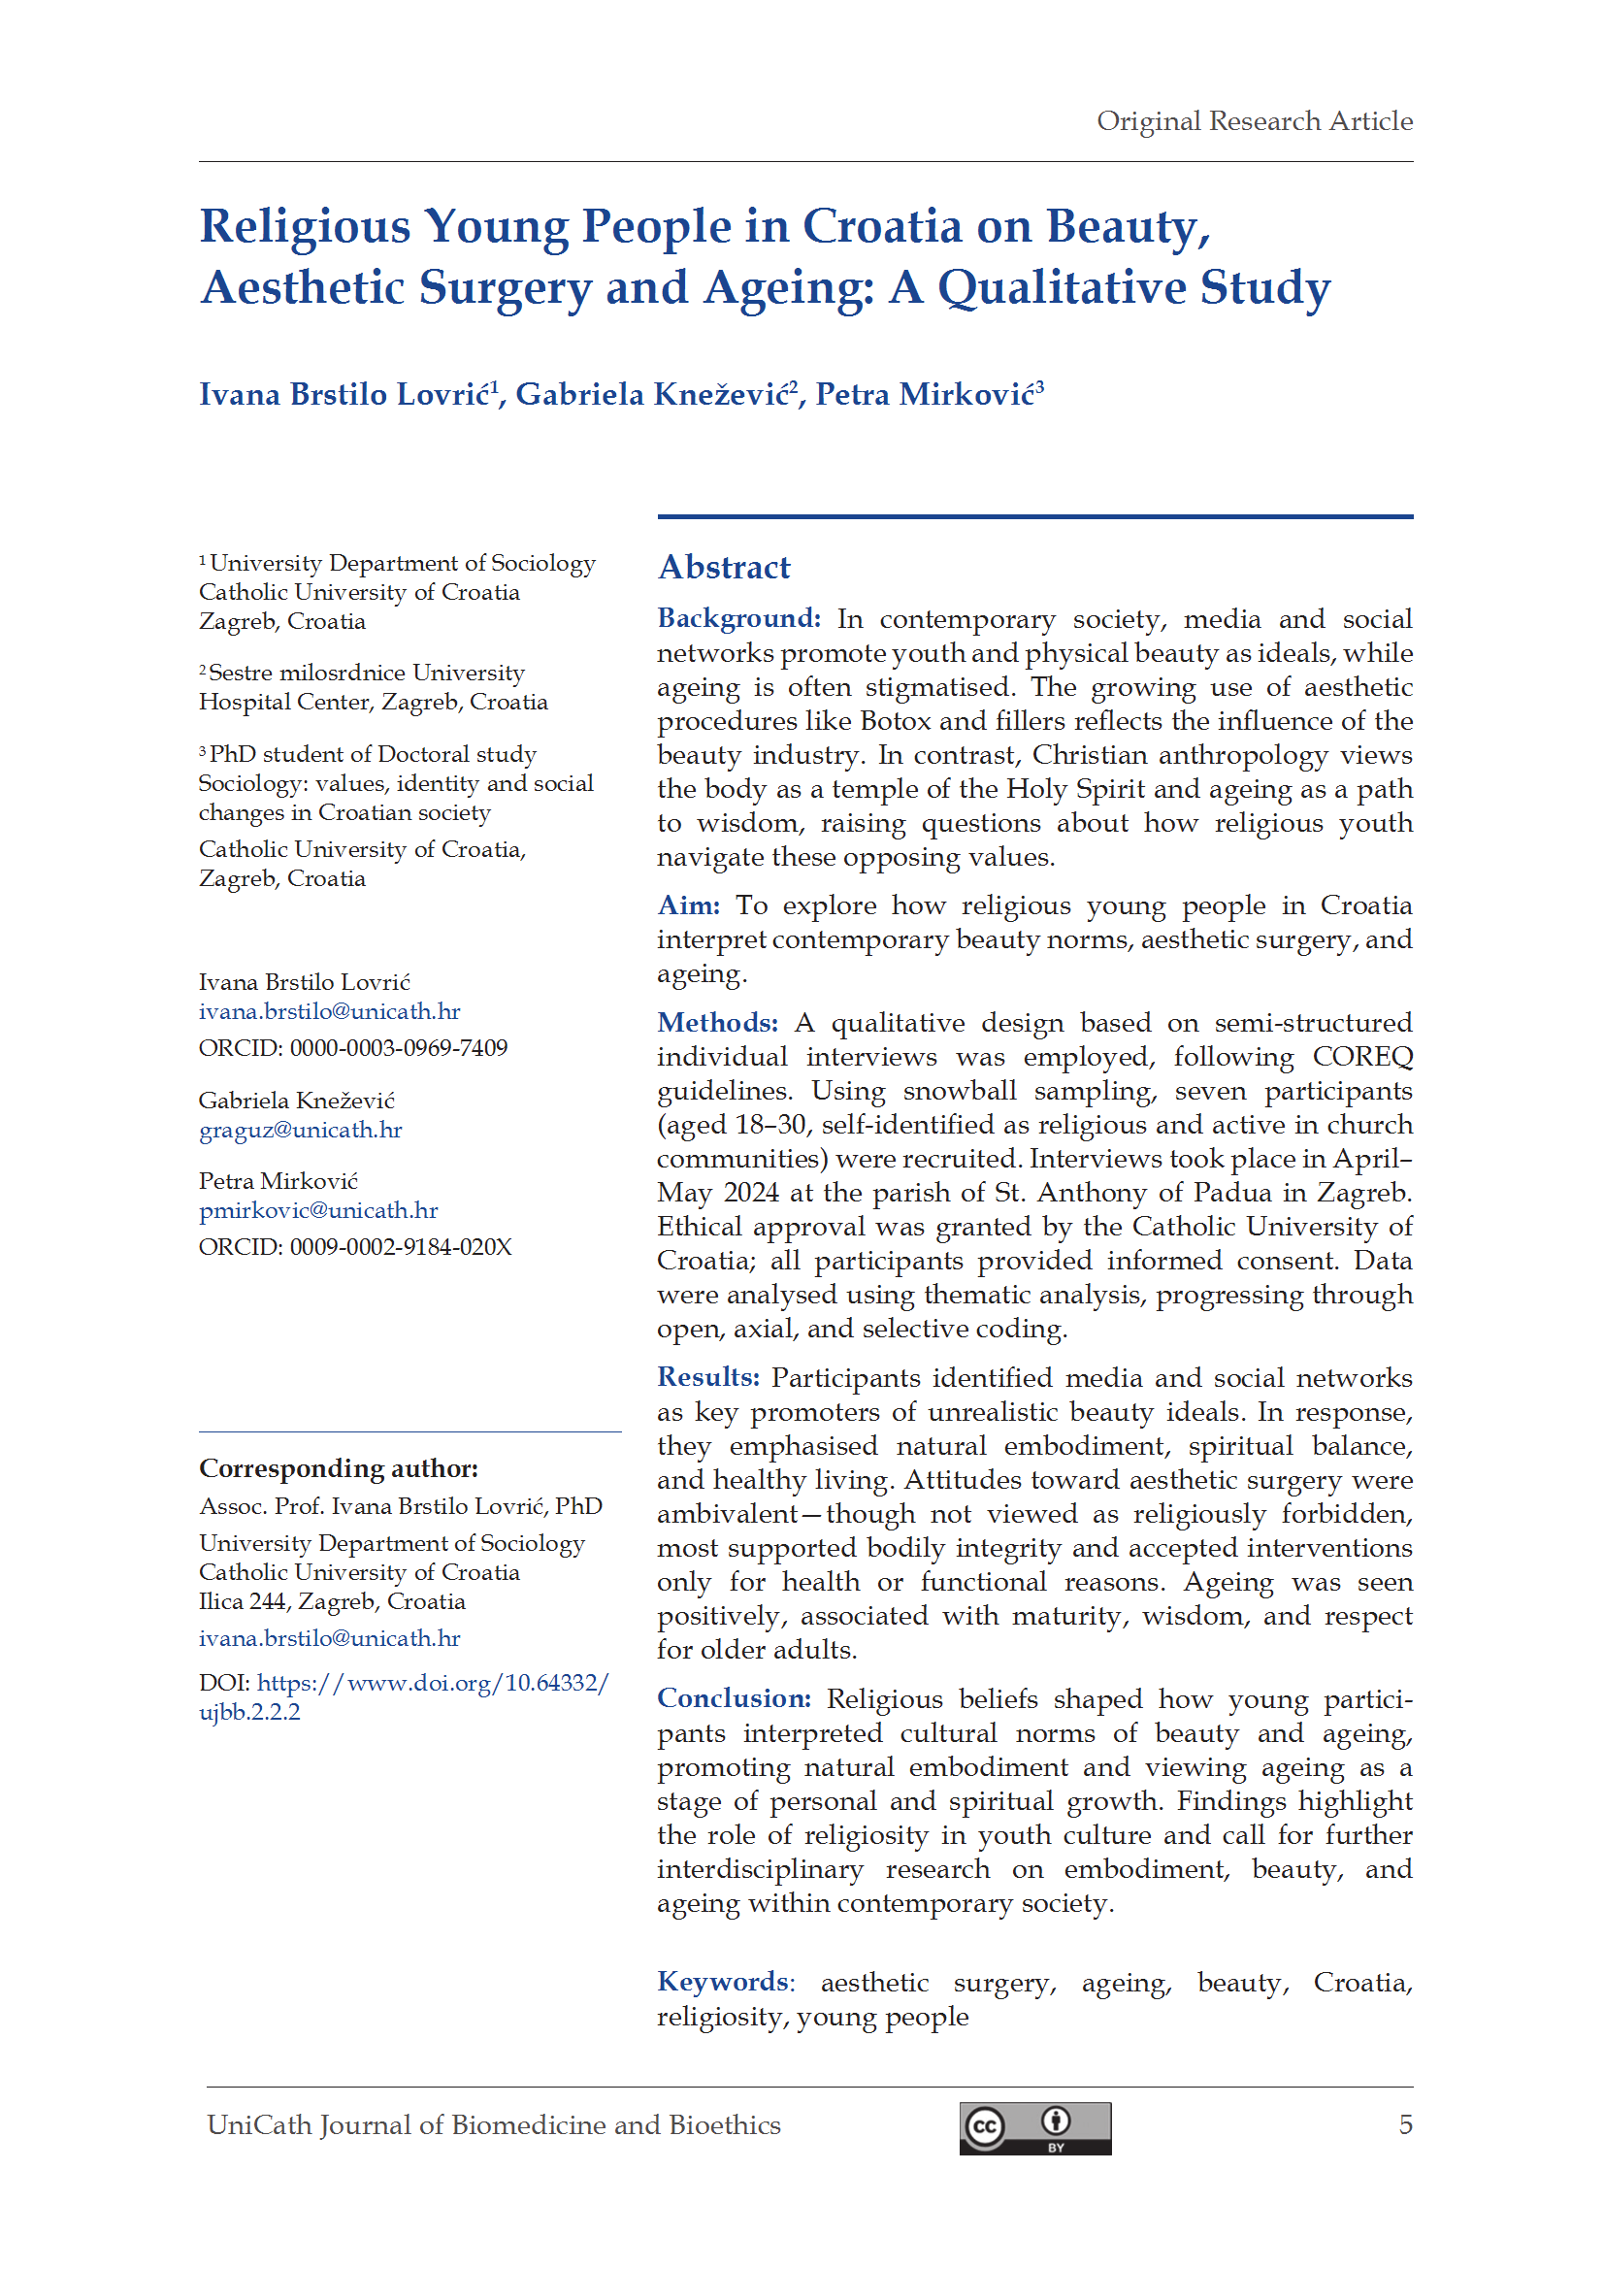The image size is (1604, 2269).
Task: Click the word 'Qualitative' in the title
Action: (1062, 287)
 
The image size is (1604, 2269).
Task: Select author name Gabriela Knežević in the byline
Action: (652, 394)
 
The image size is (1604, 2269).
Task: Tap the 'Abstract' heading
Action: (724, 567)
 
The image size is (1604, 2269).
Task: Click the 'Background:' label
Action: (738, 618)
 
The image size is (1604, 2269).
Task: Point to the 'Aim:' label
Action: (688, 905)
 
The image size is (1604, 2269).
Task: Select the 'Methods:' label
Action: (716, 1022)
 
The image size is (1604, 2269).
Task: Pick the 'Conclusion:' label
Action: (734, 1697)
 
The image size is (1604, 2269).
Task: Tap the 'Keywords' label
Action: (723, 1982)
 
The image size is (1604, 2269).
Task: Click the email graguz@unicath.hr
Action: (301, 1130)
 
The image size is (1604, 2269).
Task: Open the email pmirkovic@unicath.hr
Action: (317, 1209)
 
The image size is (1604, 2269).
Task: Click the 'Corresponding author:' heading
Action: (338, 1468)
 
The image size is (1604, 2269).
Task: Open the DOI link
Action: (432, 1683)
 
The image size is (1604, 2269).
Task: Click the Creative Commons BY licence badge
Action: (1033, 2127)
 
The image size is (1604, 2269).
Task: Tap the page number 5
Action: (1404, 2124)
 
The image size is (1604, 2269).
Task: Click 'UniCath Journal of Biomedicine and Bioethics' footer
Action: (493, 2124)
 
